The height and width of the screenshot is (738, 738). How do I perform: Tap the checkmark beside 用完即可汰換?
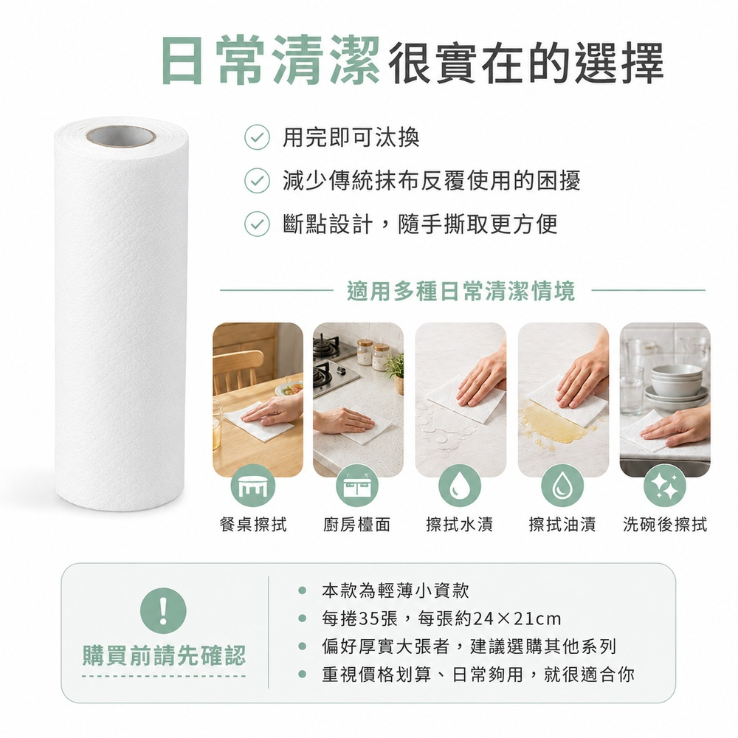[257, 137]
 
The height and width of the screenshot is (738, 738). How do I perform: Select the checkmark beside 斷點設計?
[257, 224]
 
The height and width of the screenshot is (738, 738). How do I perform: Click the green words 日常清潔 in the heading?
[269, 61]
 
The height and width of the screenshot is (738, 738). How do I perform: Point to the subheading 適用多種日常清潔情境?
[461, 290]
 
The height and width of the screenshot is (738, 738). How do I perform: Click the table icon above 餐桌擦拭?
[252, 486]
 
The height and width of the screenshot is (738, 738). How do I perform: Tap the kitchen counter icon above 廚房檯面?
[357, 486]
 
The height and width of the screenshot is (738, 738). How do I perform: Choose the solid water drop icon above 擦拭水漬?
[460, 486]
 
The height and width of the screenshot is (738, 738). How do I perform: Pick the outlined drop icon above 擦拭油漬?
[562, 486]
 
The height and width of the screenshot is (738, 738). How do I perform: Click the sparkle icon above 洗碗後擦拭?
[666, 486]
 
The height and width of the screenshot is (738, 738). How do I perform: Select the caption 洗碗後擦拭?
[665, 524]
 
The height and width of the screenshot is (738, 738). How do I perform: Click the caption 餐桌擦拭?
[253, 524]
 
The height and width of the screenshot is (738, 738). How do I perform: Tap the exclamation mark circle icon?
[163, 611]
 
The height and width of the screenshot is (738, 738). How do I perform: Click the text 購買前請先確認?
[165, 655]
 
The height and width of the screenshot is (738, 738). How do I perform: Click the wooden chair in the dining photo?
[238, 371]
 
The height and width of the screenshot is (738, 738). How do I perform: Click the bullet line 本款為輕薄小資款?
[396, 590]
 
